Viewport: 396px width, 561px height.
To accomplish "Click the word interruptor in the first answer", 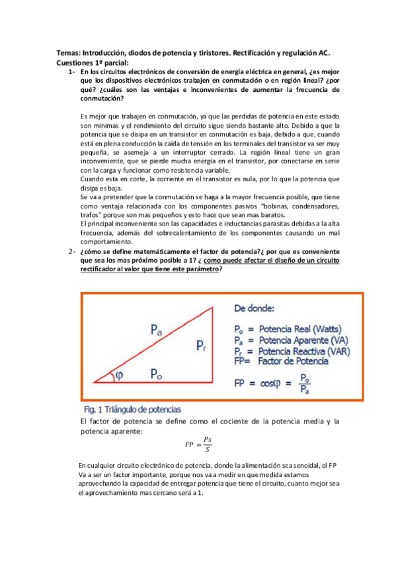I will click(197, 151).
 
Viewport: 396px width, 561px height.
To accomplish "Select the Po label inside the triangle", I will click(157, 374).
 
